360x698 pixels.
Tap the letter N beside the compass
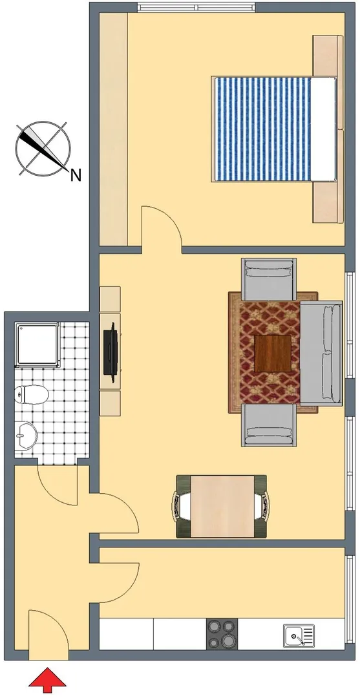click(76, 176)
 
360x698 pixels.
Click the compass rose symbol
click(43, 147)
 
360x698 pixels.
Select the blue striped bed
click(274, 129)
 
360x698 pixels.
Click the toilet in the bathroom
click(31, 394)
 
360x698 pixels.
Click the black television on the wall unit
click(111, 353)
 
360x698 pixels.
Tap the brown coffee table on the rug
click(273, 354)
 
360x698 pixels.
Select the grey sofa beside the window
click(321, 354)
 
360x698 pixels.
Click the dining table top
click(222, 506)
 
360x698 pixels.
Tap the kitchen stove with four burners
click(222, 634)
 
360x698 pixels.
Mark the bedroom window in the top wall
click(196, 8)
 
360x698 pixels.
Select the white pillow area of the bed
click(324, 129)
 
